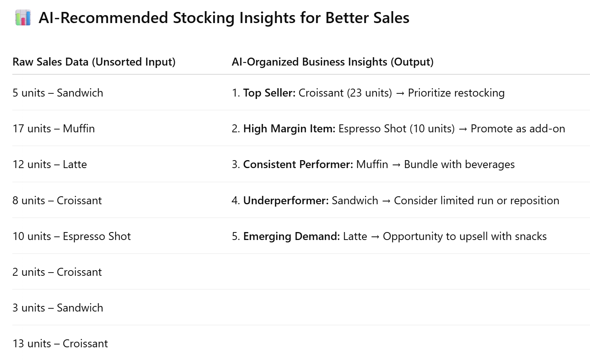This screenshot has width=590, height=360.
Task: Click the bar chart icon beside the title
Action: [23, 17]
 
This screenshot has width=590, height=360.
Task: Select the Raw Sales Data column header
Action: [94, 62]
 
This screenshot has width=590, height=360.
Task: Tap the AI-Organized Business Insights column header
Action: [333, 62]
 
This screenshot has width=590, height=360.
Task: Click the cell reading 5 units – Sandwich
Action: [58, 93]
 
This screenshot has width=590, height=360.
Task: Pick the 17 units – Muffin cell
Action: [54, 129]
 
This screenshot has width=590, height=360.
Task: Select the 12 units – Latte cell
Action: [50, 165]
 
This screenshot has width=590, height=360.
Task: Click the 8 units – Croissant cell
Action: [57, 201]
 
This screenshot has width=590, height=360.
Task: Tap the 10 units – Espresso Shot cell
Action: [71, 236]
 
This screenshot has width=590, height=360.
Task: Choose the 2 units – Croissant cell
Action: [57, 272]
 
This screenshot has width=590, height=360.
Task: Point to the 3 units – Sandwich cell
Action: [58, 308]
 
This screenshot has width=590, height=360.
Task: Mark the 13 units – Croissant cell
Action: [60, 344]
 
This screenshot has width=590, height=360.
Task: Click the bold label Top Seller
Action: [269, 93]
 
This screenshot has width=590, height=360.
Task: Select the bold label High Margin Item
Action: [289, 129]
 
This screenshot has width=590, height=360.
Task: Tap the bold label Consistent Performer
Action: [298, 165]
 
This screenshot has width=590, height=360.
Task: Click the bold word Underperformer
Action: [286, 201]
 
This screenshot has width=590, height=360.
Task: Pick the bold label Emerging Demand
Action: [291, 236]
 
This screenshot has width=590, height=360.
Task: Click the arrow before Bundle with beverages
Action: [396, 165]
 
